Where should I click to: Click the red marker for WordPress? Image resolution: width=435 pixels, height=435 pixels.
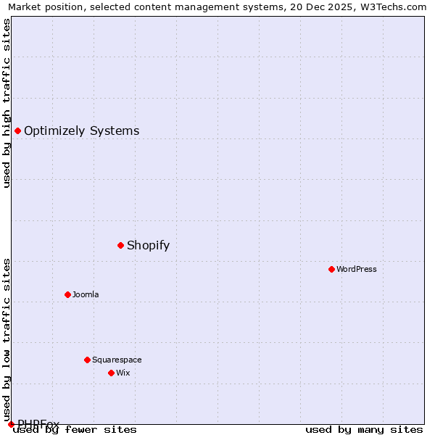coord(331,269)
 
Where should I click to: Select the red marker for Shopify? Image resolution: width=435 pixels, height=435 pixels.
coord(120,245)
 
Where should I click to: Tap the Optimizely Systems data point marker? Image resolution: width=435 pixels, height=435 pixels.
coord(17,130)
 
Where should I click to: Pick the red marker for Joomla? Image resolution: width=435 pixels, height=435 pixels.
coord(67,294)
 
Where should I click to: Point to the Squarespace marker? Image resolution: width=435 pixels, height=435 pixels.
coord(87,360)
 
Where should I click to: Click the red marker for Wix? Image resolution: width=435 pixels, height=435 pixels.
coord(111,373)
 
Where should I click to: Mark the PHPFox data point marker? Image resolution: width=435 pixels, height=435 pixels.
coord(11,424)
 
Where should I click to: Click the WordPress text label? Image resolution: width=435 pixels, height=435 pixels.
coord(357,269)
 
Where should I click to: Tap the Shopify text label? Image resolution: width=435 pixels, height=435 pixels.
coord(148,245)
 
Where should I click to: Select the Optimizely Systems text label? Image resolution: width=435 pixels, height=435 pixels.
coord(81,130)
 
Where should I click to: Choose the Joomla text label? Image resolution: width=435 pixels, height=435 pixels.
coord(86,294)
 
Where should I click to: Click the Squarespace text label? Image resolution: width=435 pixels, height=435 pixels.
coord(117,360)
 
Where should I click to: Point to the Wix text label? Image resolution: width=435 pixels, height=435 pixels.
coord(123,373)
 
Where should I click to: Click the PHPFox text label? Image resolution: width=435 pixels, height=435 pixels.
coord(38,423)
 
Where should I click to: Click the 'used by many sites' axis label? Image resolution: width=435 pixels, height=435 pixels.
coord(364,429)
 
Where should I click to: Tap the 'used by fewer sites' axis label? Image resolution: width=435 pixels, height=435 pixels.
coord(75,429)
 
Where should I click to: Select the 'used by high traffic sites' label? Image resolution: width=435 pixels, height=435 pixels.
coord(7,103)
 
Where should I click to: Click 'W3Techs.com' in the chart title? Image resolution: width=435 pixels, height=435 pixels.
coord(394,7)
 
